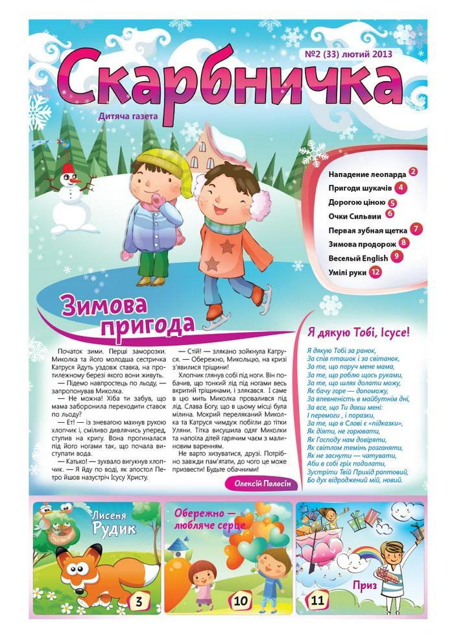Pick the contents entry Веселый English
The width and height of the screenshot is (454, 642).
(358, 258)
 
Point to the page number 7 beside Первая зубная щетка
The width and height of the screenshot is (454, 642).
(417, 229)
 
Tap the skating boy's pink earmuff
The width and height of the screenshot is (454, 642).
(260, 204)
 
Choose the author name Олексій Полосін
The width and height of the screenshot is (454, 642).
(262, 484)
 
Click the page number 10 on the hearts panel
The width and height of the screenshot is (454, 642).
(240, 601)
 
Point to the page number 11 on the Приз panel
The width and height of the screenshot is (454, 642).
(317, 600)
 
